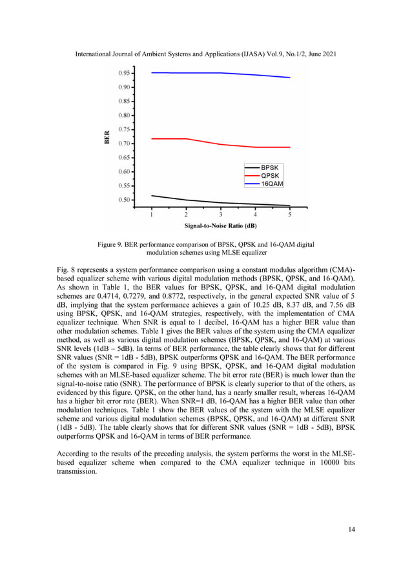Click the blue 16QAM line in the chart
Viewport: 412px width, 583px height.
[x=194, y=73]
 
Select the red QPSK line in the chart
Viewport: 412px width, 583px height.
[x=194, y=141]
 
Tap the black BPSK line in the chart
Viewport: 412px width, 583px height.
[x=194, y=201]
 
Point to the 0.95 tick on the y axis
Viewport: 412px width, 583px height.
[x=125, y=73]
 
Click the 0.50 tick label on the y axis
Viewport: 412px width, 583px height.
[x=125, y=200]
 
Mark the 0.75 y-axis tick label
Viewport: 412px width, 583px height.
[x=125, y=129]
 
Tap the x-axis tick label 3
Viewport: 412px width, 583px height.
[x=220, y=215]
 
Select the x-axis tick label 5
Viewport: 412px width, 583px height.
[x=289, y=215]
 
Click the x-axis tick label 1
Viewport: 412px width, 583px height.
[x=151, y=215]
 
